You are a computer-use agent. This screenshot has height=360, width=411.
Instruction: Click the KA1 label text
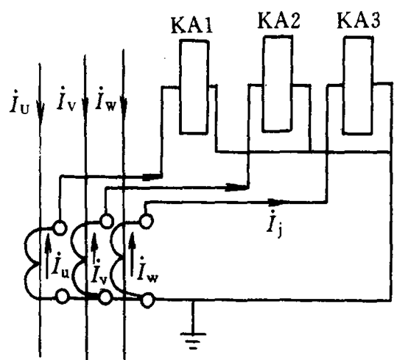point(192,26)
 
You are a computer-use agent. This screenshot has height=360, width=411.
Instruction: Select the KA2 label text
point(278,21)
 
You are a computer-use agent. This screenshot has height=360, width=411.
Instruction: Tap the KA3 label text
point(358,20)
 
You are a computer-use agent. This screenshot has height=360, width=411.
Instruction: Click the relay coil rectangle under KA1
point(194,87)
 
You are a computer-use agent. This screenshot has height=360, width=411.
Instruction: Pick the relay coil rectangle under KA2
point(278,84)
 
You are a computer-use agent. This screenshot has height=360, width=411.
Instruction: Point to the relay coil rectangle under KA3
point(358,86)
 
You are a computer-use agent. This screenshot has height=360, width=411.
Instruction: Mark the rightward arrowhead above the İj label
point(276,202)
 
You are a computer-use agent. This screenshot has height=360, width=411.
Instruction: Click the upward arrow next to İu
point(47,255)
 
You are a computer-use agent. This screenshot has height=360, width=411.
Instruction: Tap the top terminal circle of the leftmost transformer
point(60,227)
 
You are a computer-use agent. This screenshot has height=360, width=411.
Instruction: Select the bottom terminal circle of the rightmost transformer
point(147,300)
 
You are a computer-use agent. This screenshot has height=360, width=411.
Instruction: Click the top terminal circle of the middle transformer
point(106,221)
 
